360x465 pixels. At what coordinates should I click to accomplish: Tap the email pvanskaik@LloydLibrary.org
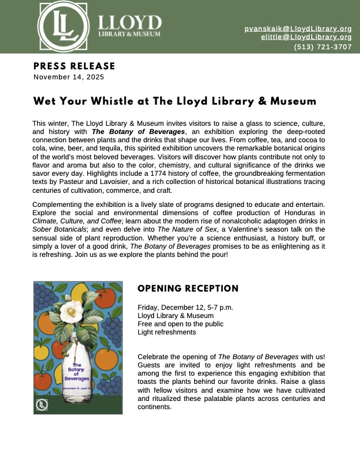point(298,28)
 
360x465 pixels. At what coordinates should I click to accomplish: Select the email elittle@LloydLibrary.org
point(306,37)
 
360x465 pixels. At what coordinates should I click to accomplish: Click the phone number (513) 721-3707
point(323,47)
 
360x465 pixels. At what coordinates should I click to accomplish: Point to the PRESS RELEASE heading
point(74,66)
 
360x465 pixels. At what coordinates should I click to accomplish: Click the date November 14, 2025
point(69,77)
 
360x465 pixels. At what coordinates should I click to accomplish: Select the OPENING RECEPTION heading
point(188,289)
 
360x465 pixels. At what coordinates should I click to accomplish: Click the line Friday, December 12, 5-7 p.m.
point(185,307)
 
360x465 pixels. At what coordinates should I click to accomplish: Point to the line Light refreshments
point(166,332)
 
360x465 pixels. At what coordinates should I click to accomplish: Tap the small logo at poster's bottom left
point(42,404)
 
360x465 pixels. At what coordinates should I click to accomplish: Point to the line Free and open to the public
point(180,324)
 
